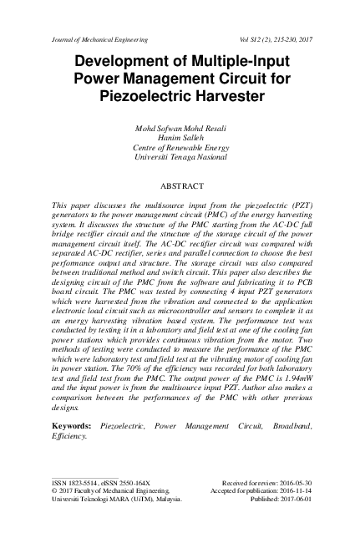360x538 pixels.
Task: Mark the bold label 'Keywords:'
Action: pyautogui.click(x=71, y=426)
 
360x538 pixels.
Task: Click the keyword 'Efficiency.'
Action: pyautogui.click(x=69, y=436)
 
